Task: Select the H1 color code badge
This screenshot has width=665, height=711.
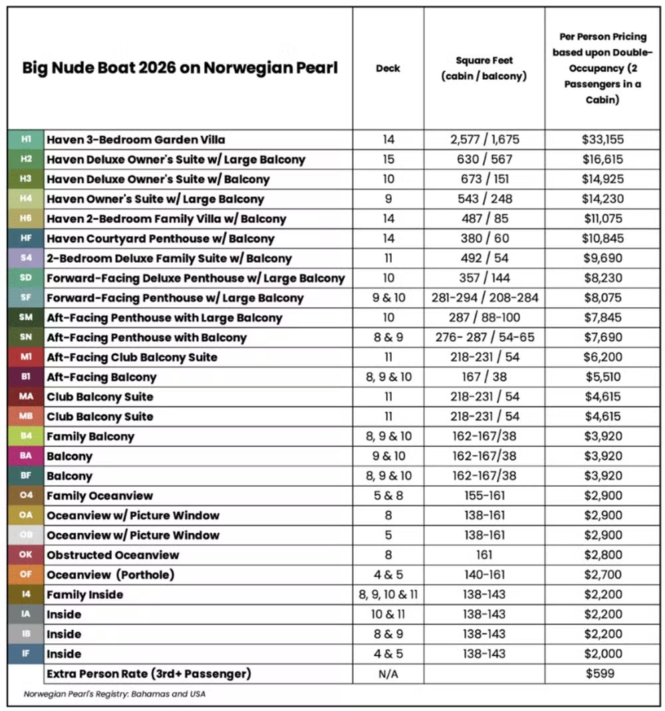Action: coord(26,140)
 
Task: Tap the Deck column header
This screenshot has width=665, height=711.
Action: coord(388,68)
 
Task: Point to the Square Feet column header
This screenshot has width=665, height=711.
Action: coord(484,68)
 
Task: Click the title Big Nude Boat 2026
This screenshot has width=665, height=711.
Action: coord(180,68)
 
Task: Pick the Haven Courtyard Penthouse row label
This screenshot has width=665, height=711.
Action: coord(160,238)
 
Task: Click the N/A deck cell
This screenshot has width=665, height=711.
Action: coord(388,674)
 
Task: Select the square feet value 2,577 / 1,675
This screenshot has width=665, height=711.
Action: coord(484,140)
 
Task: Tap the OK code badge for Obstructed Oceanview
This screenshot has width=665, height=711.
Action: coord(26,555)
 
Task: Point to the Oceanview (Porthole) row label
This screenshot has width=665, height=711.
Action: coord(110,575)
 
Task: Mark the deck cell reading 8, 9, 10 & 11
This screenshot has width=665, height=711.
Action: coord(388,595)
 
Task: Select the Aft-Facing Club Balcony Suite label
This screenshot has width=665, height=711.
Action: coord(132,357)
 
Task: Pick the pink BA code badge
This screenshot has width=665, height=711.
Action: coord(26,456)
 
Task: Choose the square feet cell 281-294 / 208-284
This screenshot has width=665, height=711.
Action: coord(484,298)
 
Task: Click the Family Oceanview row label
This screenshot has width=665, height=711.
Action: coord(100,496)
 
